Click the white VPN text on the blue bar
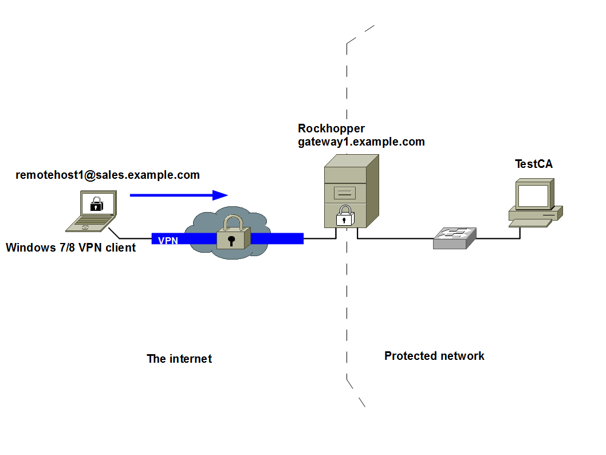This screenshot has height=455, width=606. tap(168, 240)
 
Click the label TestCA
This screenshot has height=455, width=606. tap(534, 164)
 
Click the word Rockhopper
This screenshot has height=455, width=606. tap(331, 128)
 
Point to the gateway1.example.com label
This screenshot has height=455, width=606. tap(361, 142)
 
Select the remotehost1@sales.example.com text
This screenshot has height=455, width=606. tap(108, 175)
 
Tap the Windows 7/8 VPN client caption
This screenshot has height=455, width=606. tap(70, 248)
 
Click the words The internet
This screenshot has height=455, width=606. tap(179, 359)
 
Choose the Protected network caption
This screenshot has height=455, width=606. tap(434, 356)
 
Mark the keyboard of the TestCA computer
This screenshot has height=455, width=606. tap(530, 223)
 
